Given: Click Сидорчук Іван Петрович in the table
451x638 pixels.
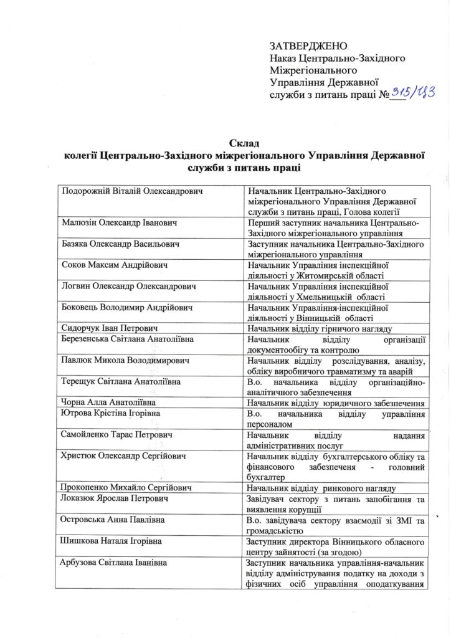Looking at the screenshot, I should pos(108,328).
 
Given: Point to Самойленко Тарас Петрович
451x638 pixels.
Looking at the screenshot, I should pos(117,434).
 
